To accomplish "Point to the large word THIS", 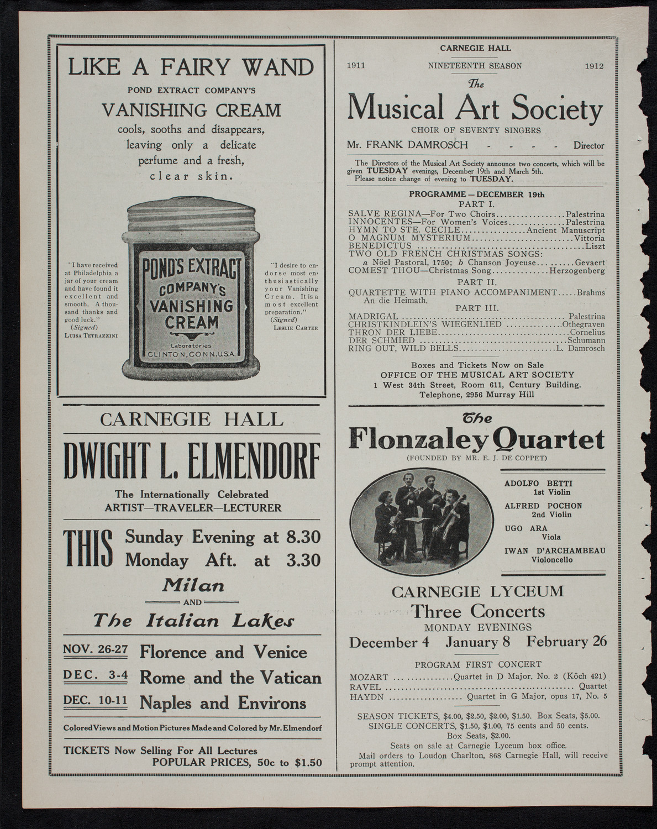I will coord(89,549).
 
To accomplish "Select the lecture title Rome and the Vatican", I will coord(230,677).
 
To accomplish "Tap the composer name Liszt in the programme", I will coord(594,245).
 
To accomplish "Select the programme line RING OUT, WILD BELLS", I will coord(403,348).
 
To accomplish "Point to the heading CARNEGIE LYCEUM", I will coord(477,592).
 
